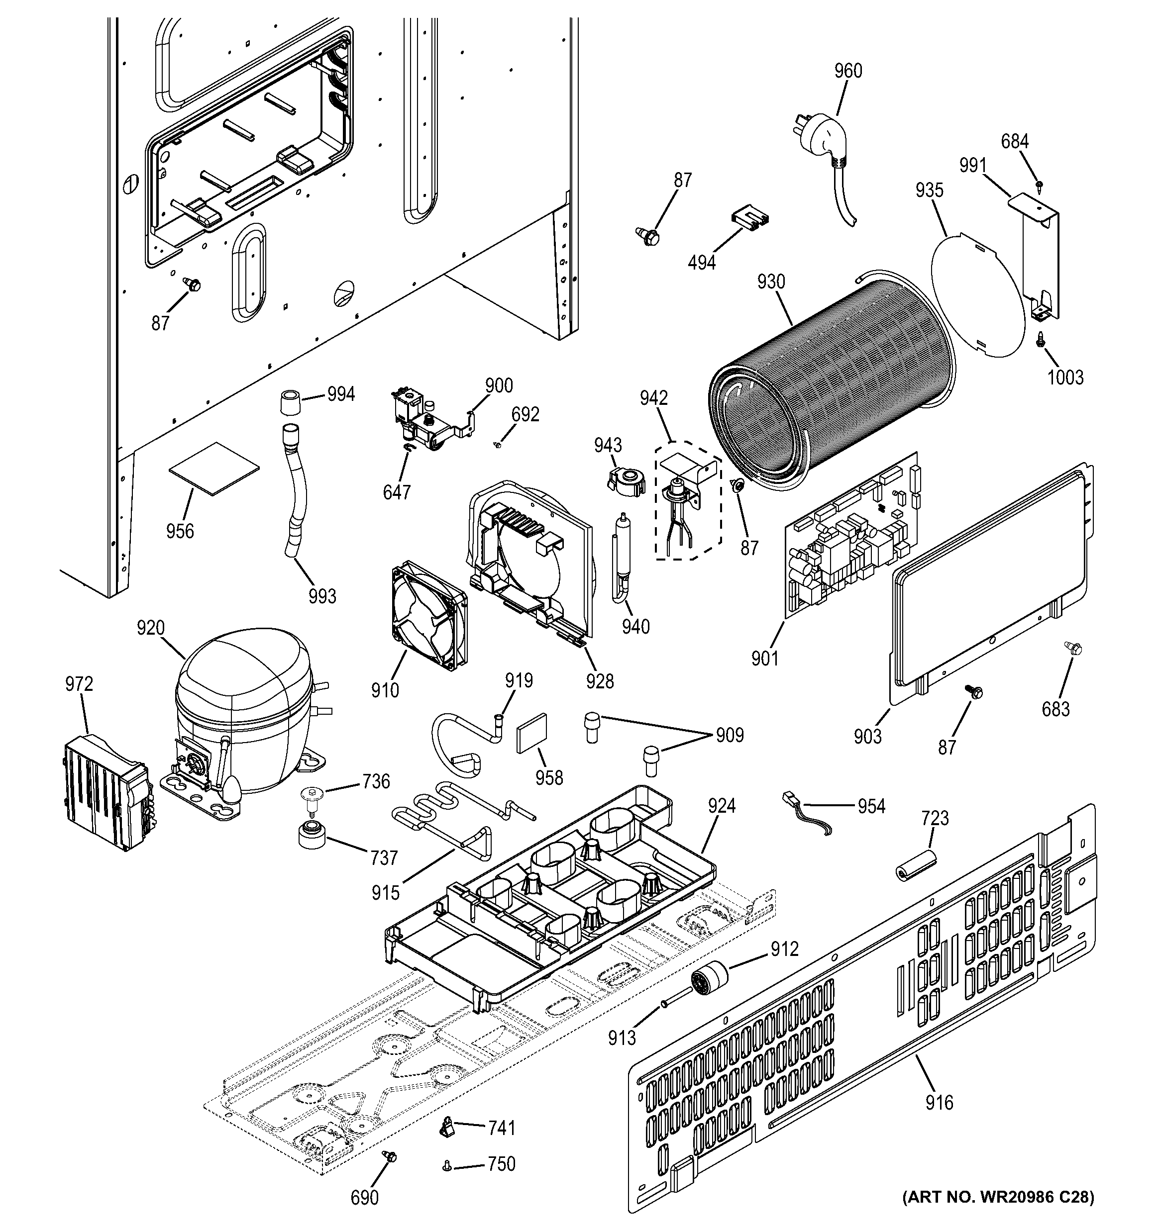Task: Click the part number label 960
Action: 847,71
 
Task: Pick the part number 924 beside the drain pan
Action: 722,806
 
